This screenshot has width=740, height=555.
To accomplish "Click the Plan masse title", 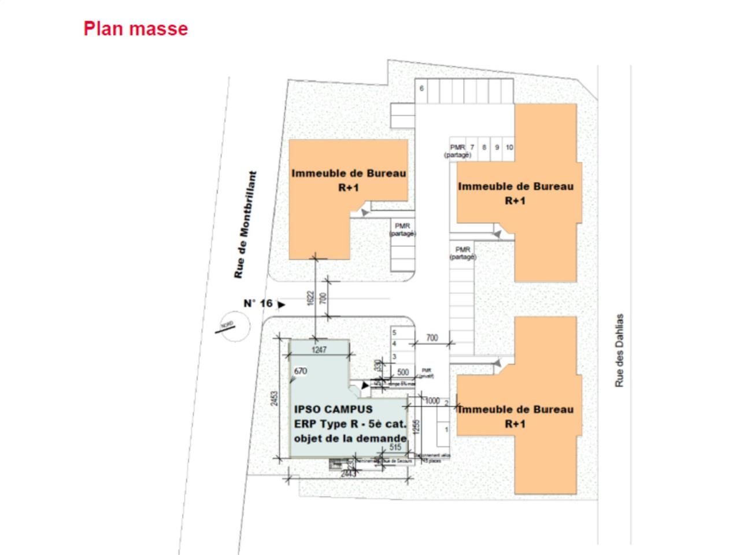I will click(x=135, y=29).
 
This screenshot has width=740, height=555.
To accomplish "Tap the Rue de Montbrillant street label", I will click(x=245, y=225).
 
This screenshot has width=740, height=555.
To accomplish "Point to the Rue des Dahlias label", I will click(x=620, y=350).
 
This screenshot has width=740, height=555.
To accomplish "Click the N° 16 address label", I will click(x=257, y=304).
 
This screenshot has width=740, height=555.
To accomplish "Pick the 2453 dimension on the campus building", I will click(x=275, y=399).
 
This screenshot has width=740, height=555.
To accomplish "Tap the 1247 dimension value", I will click(x=319, y=350).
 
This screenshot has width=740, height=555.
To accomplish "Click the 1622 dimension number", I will click(x=311, y=298).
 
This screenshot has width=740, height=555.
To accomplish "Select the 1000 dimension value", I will click(x=432, y=401).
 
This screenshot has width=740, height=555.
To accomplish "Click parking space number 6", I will click(x=421, y=88).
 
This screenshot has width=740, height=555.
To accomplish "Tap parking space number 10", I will click(x=509, y=147).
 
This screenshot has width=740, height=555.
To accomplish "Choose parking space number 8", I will click(x=484, y=147).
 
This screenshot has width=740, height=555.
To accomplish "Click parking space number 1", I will click(x=446, y=430).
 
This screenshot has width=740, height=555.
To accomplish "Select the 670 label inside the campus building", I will click(x=300, y=371).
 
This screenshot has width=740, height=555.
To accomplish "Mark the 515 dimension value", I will click(x=395, y=447).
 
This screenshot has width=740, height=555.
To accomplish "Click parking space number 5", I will click(x=394, y=333).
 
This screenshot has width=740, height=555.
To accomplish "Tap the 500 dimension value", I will click(x=404, y=372).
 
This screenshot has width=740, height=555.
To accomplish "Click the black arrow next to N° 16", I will click(x=282, y=304).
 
